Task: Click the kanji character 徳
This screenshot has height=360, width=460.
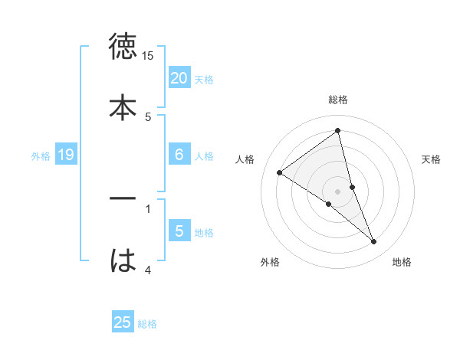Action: (x=123, y=47)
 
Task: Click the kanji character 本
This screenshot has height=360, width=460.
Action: (x=123, y=106)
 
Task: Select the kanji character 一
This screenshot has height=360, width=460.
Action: (x=123, y=198)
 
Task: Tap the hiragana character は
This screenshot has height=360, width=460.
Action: (x=123, y=259)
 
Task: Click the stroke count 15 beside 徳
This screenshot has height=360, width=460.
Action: (x=148, y=56)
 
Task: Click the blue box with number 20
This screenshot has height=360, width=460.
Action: (x=179, y=78)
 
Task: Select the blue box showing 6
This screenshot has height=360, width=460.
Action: (x=179, y=155)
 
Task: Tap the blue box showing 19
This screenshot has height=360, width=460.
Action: (x=65, y=155)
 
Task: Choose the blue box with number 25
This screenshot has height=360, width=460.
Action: (x=123, y=322)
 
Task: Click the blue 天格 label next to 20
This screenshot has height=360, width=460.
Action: (x=204, y=80)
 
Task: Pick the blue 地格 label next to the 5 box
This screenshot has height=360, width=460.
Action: (x=204, y=233)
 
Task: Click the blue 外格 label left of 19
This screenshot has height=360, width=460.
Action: (x=41, y=156)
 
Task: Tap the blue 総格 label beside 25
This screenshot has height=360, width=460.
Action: (x=147, y=324)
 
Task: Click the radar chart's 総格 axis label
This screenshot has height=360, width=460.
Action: (x=338, y=100)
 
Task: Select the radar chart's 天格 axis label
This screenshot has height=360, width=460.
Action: (x=432, y=159)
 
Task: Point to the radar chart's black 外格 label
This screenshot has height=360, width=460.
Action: (x=270, y=262)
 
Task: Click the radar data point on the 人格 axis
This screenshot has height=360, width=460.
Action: (x=280, y=172)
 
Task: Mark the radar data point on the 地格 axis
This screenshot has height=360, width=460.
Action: (x=373, y=241)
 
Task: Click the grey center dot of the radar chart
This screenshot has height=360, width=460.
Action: (x=338, y=191)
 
